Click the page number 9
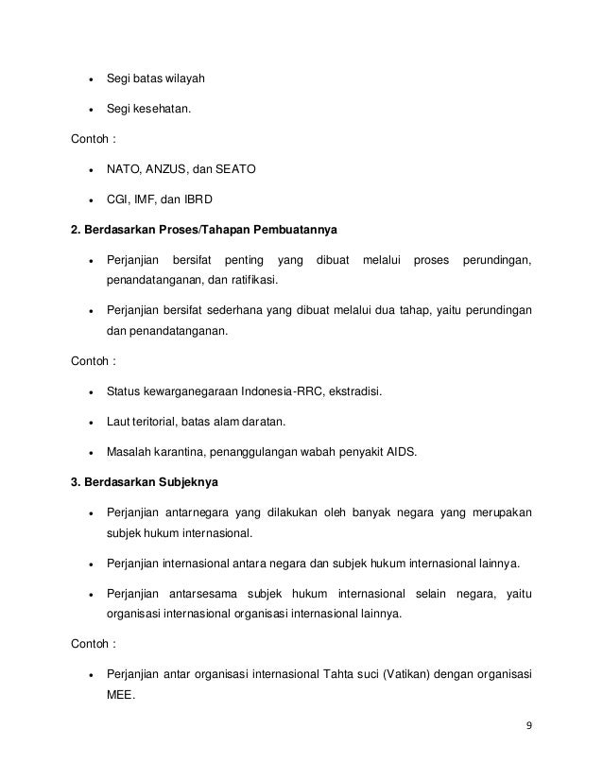pyautogui.click(x=530, y=726)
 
